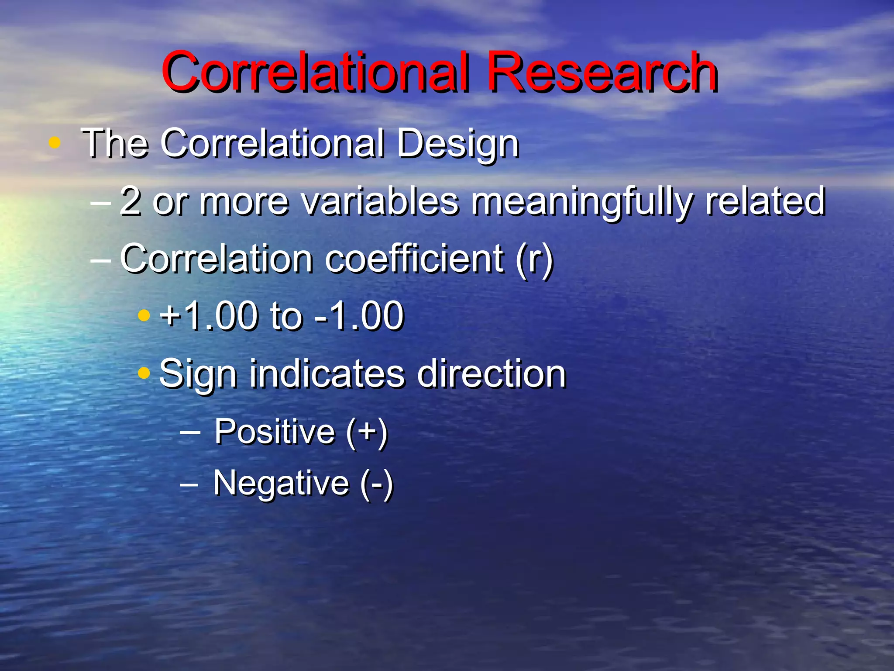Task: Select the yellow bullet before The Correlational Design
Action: pos(55,142)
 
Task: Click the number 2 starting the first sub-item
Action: pos(131,201)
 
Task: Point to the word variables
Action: pos(380,201)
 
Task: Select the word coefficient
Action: pos(415,259)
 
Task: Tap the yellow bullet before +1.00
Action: pos(144,315)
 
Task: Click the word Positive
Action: pos(275,432)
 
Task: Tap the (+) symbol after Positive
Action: pos(367,432)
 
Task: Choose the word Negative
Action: pos(281,483)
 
